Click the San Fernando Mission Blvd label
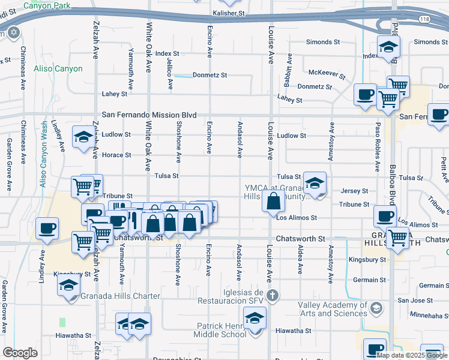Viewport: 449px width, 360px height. coord(149,114)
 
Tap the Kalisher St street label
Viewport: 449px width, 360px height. coord(229,12)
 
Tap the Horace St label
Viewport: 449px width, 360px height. coord(116,155)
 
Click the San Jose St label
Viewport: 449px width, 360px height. coord(411,300)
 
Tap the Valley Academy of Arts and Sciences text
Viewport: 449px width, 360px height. coord(332,309)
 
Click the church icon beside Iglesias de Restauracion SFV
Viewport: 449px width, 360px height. coord(273,295)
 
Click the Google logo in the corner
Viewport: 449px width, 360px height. coord(19,353)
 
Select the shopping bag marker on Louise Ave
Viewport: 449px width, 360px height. coord(273,202)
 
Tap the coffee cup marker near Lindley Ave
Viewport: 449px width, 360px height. coord(47,227)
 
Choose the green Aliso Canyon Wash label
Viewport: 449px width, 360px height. coord(44,154)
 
